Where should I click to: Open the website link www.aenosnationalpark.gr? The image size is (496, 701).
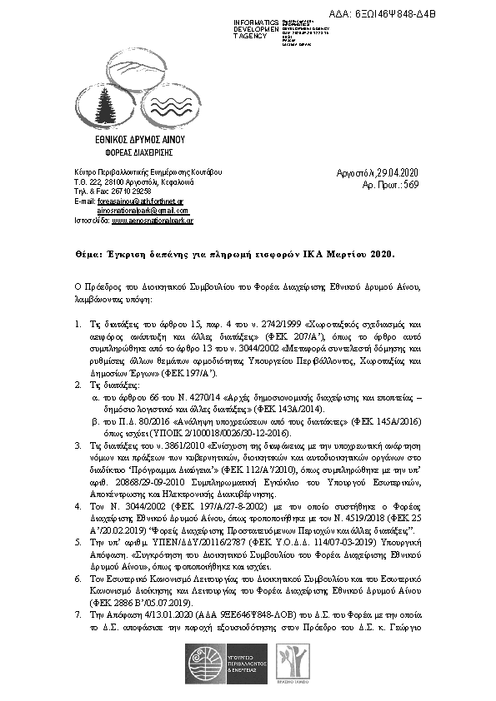153,221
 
